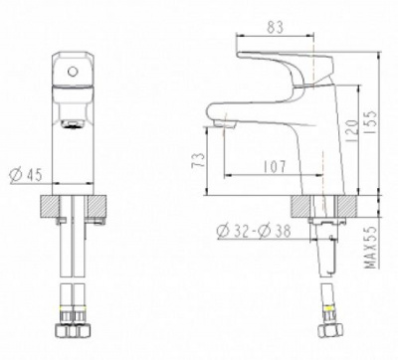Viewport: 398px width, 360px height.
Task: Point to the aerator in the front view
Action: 70,123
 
